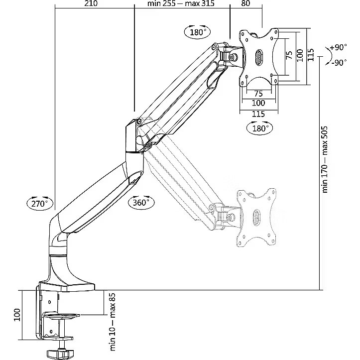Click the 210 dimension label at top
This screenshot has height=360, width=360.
click(x=91, y=3)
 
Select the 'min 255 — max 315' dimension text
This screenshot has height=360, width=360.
click(x=181, y=3)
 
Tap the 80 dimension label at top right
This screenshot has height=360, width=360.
click(x=245, y=3)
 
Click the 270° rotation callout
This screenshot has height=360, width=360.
click(x=40, y=203)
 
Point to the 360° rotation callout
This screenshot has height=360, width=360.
click(x=141, y=202)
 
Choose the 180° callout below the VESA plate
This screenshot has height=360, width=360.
click(x=260, y=127)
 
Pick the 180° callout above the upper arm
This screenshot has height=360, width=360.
click(x=198, y=32)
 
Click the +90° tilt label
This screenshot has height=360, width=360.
click(x=338, y=47)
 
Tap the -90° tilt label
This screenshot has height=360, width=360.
click(x=339, y=62)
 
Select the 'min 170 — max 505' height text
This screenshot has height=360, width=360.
click(x=325, y=159)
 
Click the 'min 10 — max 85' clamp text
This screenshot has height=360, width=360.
click(x=113, y=322)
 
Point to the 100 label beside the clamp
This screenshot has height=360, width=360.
click(x=17, y=315)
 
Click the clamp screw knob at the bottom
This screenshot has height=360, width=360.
click(x=57, y=353)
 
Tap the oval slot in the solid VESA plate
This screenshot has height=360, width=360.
click(x=259, y=57)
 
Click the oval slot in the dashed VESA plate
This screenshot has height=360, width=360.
click(x=256, y=216)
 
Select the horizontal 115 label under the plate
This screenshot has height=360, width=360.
click(x=258, y=114)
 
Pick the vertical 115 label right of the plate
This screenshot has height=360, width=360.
click(x=310, y=55)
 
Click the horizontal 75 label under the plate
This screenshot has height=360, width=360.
click(x=258, y=94)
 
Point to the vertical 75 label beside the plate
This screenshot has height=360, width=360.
click(x=289, y=55)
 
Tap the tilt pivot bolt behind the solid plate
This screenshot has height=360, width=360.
click(x=233, y=57)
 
